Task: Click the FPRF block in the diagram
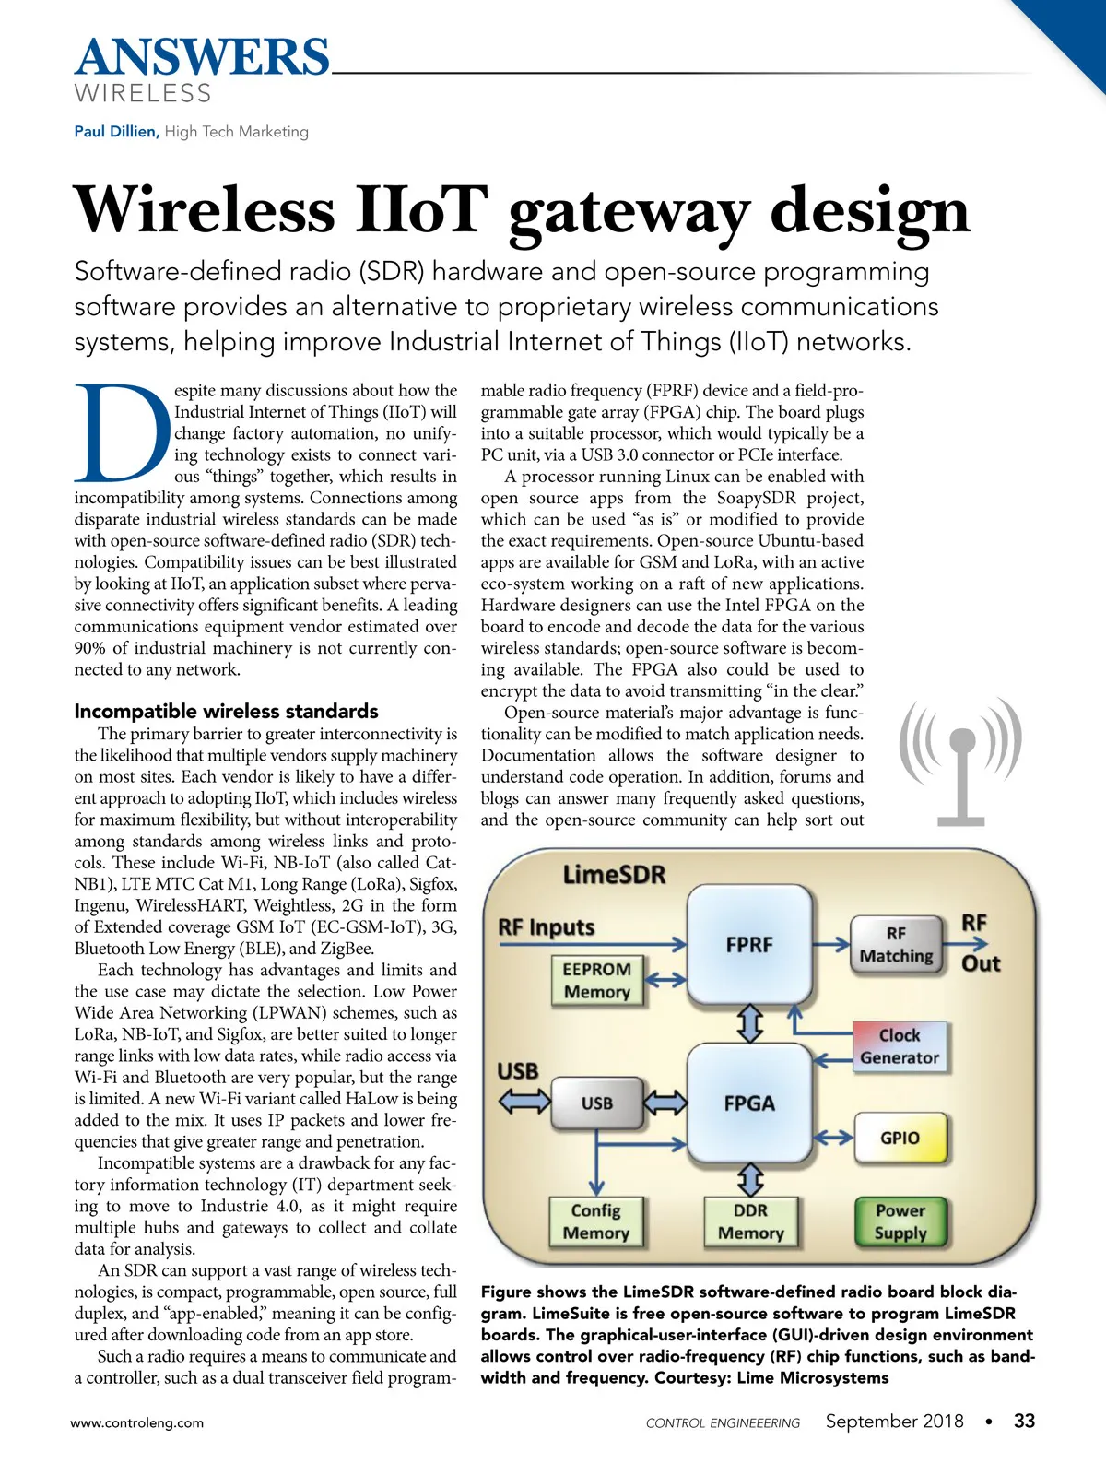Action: pyautogui.click(x=749, y=945)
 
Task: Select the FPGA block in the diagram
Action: pyautogui.click(x=749, y=1103)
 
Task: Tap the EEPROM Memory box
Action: pyautogui.click(x=597, y=981)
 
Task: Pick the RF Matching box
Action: pyautogui.click(x=896, y=945)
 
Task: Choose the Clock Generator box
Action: pyautogui.click(x=900, y=1046)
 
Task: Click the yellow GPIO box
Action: pyautogui.click(x=900, y=1139)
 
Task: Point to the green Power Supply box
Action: pyautogui.click(x=900, y=1222)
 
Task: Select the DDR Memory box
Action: pyautogui.click(x=751, y=1222)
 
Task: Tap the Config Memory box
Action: pyautogui.click(x=596, y=1222)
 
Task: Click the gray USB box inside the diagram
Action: pyautogui.click(x=597, y=1103)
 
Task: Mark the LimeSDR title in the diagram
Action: pyautogui.click(x=614, y=875)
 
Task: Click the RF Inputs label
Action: pyautogui.click(x=547, y=927)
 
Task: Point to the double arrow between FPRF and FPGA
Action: pyautogui.click(x=752, y=1023)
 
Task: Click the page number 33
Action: pyautogui.click(x=1024, y=1422)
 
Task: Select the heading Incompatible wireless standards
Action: pyautogui.click(x=226, y=711)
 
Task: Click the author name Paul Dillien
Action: pyautogui.click(x=116, y=132)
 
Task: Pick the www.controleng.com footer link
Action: pyautogui.click(x=137, y=1423)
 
